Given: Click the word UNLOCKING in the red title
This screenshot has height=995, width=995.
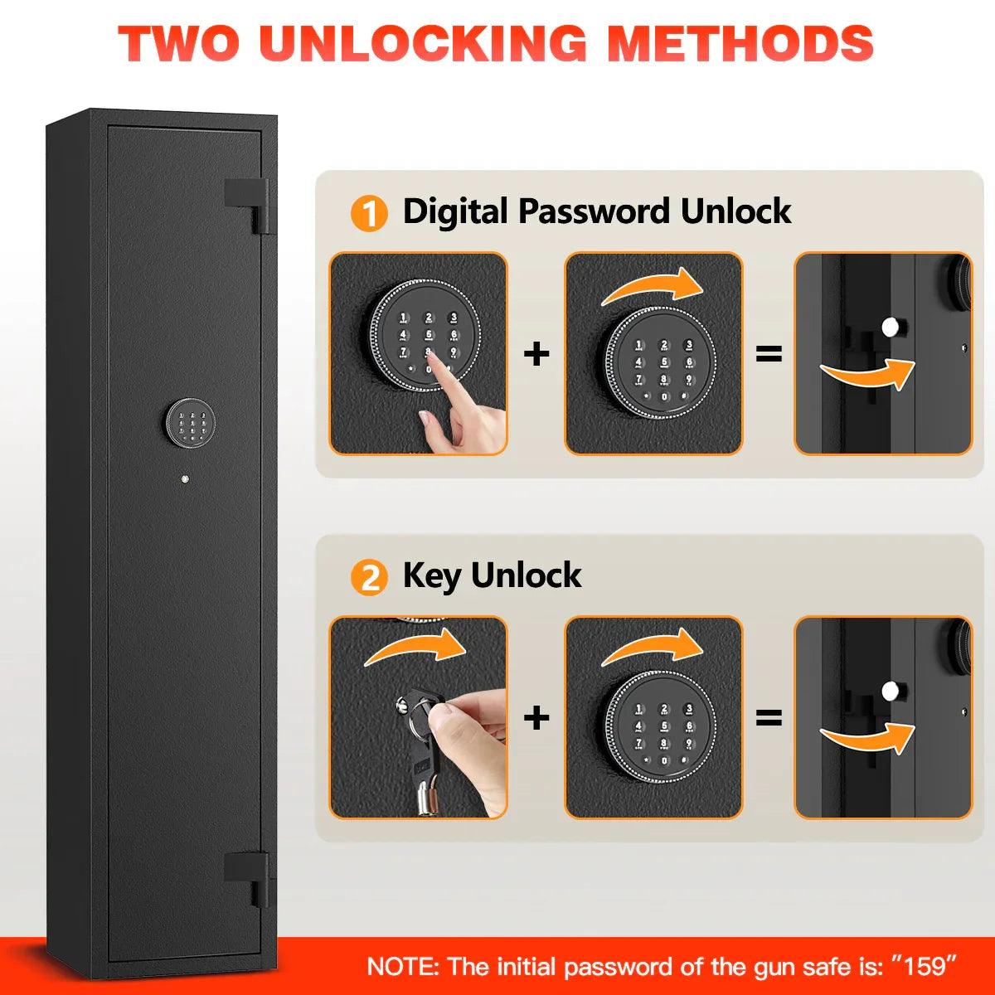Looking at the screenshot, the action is pyautogui.click(x=422, y=44).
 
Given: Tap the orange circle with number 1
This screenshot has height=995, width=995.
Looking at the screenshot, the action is pyautogui.click(x=369, y=213).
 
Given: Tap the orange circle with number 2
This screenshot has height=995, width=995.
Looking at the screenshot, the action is pyautogui.click(x=369, y=577).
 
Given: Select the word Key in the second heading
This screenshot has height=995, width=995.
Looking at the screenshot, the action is pyautogui.click(x=432, y=576).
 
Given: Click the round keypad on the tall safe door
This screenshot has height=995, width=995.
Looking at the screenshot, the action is pyautogui.click(x=190, y=421).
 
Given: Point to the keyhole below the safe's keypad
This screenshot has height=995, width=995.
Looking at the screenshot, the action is pyautogui.click(x=185, y=480).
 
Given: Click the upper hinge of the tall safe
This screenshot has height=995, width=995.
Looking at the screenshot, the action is pyautogui.click(x=247, y=206).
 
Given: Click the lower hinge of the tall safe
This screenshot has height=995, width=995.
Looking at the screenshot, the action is pyautogui.click(x=247, y=879).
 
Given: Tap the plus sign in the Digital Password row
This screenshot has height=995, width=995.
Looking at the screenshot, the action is pyautogui.click(x=536, y=354).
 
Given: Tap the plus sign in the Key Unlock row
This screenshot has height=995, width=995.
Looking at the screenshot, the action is pyautogui.click(x=536, y=718).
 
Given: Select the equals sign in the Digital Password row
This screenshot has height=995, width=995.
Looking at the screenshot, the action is pyautogui.click(x=769, y=354).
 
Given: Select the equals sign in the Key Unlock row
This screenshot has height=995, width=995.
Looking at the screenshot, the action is pyautogui.click(x=769, y=718).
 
